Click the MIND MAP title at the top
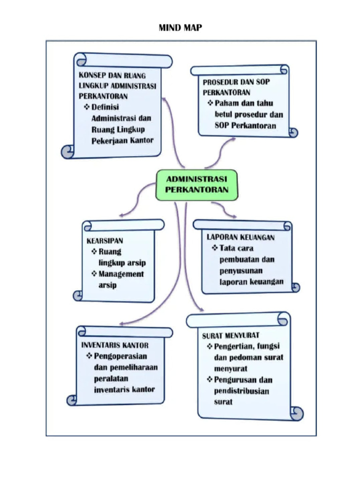point(180,28)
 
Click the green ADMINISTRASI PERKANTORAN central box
point(196,184)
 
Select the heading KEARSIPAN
point(105,240)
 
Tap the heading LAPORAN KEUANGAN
point(241,237)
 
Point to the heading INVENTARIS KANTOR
point(115,345)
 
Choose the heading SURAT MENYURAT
point(231,335)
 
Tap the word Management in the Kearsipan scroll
point(121,274)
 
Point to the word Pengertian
point(235,346)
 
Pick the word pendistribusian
point(241,391)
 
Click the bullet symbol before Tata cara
point(215,247)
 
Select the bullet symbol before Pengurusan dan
point(210,380)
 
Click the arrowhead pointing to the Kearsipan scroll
point(121,215)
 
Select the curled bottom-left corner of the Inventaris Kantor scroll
point(72,400)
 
